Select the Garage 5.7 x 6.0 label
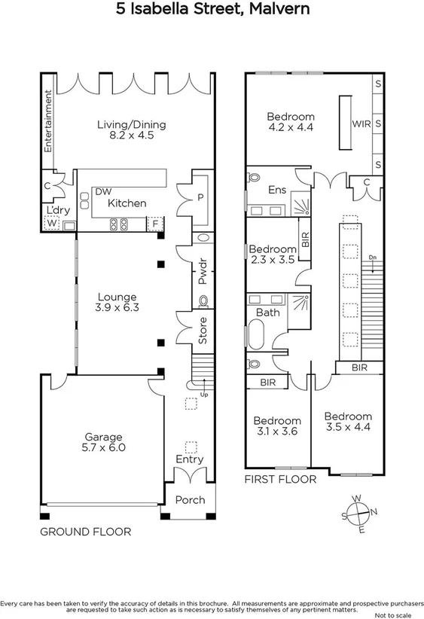click(104, 441)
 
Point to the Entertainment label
click(47, 122)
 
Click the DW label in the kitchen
click(103, 192)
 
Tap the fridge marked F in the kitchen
click(155, 223)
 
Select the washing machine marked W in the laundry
click(52, 223)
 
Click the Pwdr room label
click(203, 271)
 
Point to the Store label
click(203, 331)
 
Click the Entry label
click(189, 459)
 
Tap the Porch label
click(189, 500)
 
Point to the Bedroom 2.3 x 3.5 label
click(272, 255)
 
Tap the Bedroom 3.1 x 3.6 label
click(276, 426)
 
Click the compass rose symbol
click(359, 514)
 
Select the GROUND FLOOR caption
click(85, 532)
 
